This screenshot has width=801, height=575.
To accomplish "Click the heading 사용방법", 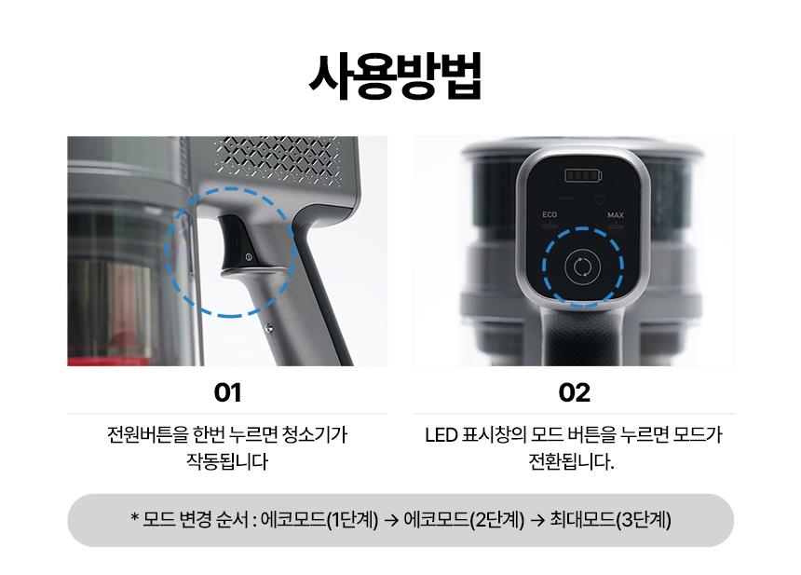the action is click(x=396, y=76).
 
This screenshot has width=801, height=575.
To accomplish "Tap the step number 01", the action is click(x=227, y=392).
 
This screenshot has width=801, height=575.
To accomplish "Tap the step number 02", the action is click(x=574, y=392).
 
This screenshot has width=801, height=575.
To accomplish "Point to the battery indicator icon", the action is click(x=583, y=176).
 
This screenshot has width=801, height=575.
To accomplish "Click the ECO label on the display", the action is click(x=550, y=214).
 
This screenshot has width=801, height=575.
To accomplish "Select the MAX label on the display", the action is click(x=616, y=215).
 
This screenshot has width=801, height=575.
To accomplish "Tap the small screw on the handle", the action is click(x=268, y=328).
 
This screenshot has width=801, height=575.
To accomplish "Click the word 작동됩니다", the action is click(x=227, y=461).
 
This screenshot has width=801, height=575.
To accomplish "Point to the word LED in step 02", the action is click(x=441, y=435).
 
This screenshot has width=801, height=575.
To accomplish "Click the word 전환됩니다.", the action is click(x=571, y=461).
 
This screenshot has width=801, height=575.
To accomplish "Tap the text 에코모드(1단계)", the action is click(x=319, y=520).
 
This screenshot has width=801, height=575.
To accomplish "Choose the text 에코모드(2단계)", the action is click(x=464, y=520).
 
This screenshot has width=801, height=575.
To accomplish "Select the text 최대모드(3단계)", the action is click(x=610, y=520).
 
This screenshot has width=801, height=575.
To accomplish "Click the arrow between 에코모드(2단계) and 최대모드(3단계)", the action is click(x=536, y=520).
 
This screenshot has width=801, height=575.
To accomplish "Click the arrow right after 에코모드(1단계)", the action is click(x=391, y=520).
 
